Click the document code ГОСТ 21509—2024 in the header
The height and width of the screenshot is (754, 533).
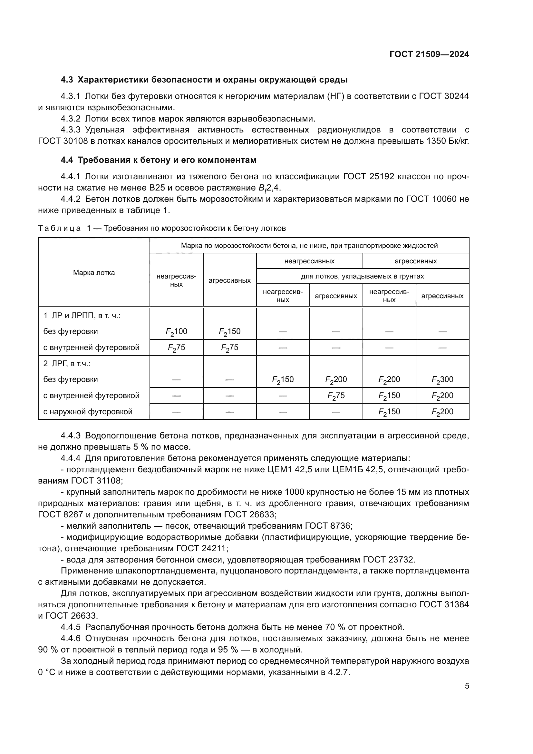tap(429, 54)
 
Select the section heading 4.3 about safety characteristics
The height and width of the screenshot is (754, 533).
tap(204, 80)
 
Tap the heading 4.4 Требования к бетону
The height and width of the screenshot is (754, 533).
tap(158, 160)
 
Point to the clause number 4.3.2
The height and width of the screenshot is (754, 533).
tap(70, 119)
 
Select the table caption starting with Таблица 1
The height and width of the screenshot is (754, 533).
tap(162, 228)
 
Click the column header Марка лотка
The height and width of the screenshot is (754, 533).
tap(94, 273)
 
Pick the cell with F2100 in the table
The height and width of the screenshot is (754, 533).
tap(176, 331)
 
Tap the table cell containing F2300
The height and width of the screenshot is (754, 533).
tap(442, 379)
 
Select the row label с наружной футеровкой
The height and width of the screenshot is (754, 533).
tap(88, 411)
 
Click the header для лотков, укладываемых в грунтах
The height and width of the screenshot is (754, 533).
tap(362, 276)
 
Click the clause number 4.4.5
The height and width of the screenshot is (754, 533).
tap(70, 627)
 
